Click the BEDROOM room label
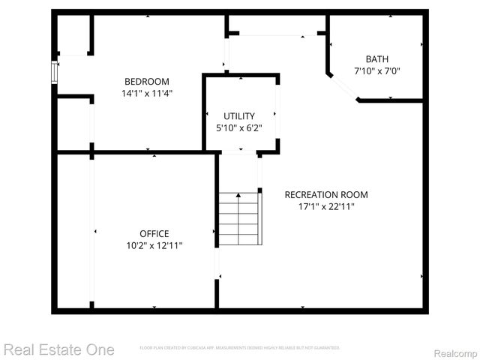(146, 81)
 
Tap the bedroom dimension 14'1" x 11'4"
(146, 94)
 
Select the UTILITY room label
(239, 115)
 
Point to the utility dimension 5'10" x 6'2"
(239, 127)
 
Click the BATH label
(377, 59)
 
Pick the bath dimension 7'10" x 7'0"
(377, 71)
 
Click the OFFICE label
(154, 233)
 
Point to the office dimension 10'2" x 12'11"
(154, 245)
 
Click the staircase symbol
(239, 218)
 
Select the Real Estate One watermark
(58, 349)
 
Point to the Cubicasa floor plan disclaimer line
(239, 348)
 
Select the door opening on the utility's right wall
(277, 112)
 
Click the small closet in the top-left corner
(73, 34)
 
